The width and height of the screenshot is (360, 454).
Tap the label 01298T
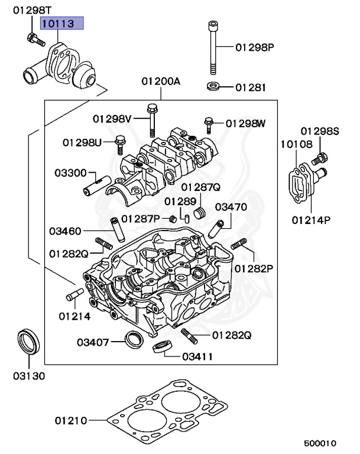pos(32,11)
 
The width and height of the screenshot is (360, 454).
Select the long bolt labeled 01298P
pos(213,48)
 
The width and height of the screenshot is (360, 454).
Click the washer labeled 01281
pos(213,86)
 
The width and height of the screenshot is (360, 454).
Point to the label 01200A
pos(161,82)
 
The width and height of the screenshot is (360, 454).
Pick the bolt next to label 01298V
pos(151,120)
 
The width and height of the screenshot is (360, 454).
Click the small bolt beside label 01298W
pos(209,125)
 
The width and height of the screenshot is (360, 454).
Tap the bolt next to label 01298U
pos(119,145)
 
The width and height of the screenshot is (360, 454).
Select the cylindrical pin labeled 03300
pos(97,186)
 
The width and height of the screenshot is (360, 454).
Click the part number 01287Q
pos(201,187)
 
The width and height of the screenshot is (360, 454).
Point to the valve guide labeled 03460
pos(118,229)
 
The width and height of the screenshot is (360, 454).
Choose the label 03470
pos(231,207)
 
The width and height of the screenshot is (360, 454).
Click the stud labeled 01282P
pos(239,244)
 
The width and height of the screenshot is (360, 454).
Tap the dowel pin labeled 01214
pos(75,294)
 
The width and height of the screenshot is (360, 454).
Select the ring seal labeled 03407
pos(134,339)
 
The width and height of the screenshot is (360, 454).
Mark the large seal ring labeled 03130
pos(29,341)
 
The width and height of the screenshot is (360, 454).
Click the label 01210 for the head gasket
pos(71,420)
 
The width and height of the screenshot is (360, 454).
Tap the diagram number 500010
pos(320,443)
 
